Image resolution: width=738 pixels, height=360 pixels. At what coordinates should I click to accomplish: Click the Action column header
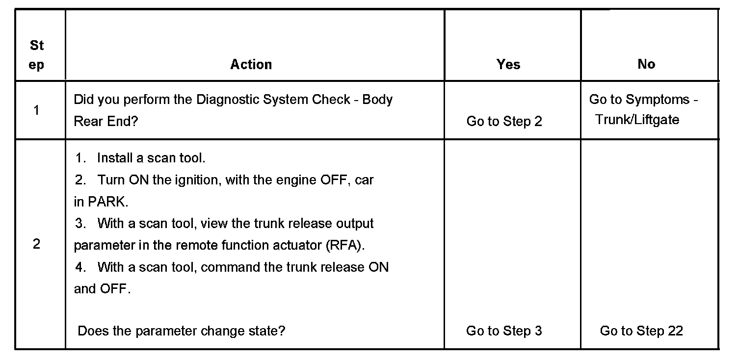coord(251,65)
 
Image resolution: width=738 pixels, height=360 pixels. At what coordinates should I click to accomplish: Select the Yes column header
coord(508,65)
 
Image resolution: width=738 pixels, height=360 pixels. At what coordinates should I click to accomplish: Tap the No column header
coord(646,64)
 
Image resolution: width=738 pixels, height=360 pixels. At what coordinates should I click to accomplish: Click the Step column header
coord(37,55)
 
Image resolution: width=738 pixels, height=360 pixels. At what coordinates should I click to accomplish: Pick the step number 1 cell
coord(37,110)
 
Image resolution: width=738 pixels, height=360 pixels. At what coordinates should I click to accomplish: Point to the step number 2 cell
coord(37,244)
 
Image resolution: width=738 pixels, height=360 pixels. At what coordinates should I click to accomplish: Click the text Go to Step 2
coord(504,122)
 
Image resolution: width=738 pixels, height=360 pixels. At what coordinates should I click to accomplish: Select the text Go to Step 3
coord(504,331)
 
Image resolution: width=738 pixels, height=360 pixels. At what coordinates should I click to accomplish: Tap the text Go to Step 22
coord(641,331)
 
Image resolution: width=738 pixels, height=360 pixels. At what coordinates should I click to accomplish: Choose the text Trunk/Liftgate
coord(637,120)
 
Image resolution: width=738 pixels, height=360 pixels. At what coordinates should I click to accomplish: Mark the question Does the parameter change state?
coord(182,331)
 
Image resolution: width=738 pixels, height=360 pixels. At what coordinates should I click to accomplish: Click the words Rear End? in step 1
coord(105,121)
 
